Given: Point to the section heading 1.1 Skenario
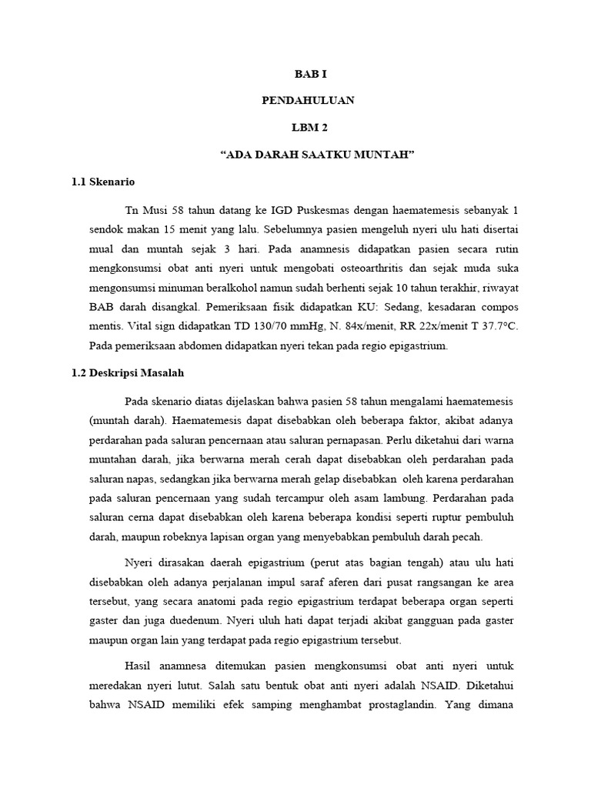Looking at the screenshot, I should (102, 182).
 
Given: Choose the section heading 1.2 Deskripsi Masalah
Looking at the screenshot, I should (127, 372).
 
